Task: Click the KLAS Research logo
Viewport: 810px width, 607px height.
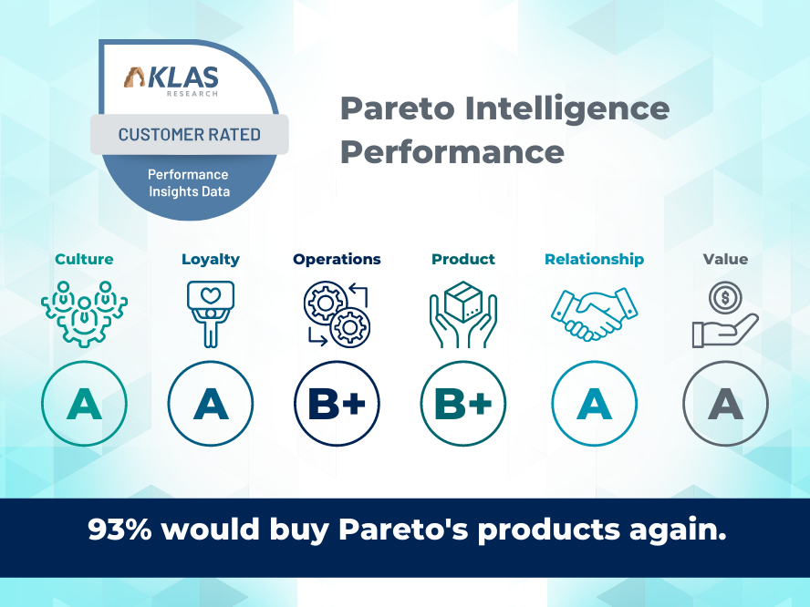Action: tap(171, 81)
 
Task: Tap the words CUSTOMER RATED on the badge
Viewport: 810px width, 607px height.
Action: tap(189, 135)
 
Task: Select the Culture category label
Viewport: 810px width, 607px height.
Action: tap(84, 259)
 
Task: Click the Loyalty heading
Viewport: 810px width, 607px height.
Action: tap(210, 260)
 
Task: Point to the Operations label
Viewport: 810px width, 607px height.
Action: tap(337, 260)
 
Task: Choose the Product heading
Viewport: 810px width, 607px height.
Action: tap(462, 259)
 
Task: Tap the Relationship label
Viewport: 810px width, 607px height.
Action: tap(594, 260)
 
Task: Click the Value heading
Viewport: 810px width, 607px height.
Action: tap(725, 259)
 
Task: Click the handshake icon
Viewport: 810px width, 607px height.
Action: tap(594, 314)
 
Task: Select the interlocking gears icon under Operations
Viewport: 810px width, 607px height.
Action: tap(337, 314)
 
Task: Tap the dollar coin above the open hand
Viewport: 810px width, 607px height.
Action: tap(725, 297)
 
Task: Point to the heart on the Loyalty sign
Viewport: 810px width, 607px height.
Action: tap(211, 295)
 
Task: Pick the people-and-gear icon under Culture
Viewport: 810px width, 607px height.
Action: tap(84, 314)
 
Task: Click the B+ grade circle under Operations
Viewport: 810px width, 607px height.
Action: tap(337, 404)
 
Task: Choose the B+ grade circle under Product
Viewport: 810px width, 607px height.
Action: tap(462, 404)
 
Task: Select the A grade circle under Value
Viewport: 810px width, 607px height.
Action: tap(725, 404)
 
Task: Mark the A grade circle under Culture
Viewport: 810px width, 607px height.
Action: tap(84, 404)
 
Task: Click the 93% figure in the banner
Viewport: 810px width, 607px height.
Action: tap(119, 530)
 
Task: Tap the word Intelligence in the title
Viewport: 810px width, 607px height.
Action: tap(567, 108)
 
